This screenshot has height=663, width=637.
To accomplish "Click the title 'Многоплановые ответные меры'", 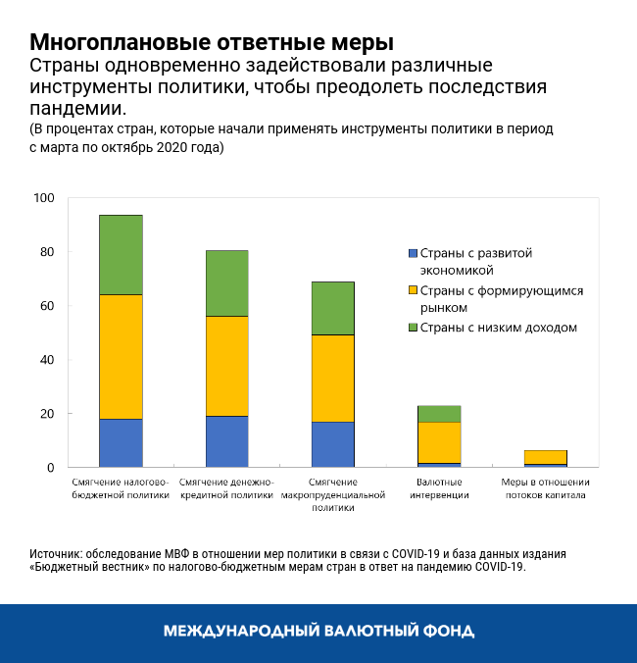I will click(x=212, y=43).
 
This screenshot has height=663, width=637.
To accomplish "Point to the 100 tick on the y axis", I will click(x=44, y=198).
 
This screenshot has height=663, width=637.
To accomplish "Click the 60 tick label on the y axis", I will click(x=47, y=306).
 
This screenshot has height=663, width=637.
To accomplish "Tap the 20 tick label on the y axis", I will click(x=47, y=414).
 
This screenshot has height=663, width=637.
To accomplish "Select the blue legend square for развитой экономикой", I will click(x=412, y=253).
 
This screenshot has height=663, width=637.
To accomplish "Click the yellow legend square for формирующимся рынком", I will click(x=412, y=290).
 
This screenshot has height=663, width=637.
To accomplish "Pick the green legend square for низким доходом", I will click(x=412, y=328).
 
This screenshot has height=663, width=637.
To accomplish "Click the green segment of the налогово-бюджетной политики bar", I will click(x=121, y=254).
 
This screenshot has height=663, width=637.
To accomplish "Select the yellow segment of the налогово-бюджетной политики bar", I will click(x=121, y=356).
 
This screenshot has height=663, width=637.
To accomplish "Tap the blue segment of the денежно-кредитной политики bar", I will click(x=226, y=441).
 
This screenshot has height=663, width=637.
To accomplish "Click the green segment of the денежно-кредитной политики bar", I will click(x=226, y=282).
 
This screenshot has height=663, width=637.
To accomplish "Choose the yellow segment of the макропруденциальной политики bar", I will click(x=332, y=378).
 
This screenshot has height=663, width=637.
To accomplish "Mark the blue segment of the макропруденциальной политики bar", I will click(x=332, y=444).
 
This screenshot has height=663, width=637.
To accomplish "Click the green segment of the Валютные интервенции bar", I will click(x=439, y=413).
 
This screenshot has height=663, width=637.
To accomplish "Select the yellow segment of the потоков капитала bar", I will click(x=545, y=457).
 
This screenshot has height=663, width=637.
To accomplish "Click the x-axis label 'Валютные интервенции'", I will click(x=439, y=488).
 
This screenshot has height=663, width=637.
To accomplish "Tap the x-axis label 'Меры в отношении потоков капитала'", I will click(x=545, y=488).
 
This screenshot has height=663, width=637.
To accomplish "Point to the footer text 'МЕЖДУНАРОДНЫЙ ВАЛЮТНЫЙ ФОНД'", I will click(x=318, y=631).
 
